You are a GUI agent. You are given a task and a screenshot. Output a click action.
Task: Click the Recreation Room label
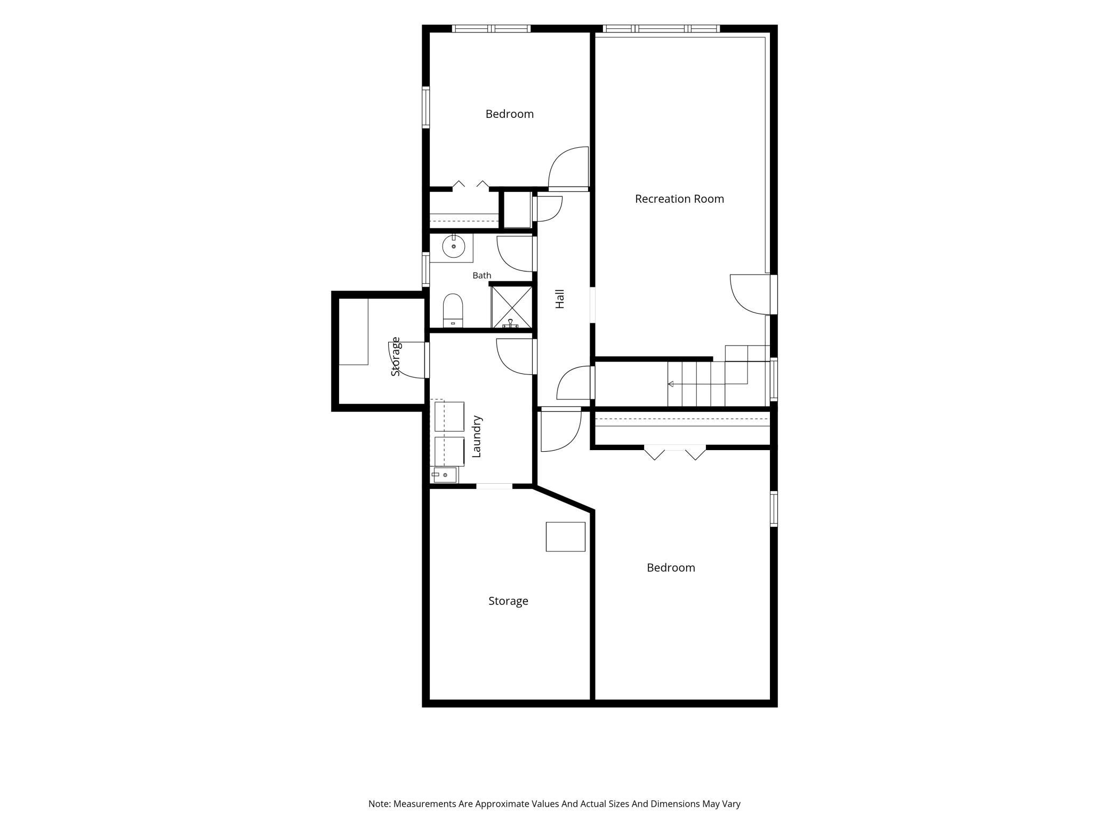point(679,199)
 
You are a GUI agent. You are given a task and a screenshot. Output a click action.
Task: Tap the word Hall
point(559,299)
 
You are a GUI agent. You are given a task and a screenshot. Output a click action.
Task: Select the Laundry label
point(477,436)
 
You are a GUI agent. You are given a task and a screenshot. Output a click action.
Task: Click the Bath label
point(481,275)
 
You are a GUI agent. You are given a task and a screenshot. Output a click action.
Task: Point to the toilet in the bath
point(453,310)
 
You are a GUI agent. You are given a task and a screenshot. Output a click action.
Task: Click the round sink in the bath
point(453,246)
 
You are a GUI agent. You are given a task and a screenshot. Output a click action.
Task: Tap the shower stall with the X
point(511,307)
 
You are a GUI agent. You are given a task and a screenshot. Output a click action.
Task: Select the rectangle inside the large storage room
point(565,537)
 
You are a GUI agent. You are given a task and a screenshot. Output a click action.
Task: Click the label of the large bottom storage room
point(508,601)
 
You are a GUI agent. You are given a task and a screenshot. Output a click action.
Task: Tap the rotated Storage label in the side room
point(395,356)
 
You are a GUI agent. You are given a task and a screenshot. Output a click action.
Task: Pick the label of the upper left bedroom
point(509,114)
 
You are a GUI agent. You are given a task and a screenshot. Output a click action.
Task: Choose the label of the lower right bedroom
point(671,568)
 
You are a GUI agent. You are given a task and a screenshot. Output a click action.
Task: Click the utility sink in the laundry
point(445,475)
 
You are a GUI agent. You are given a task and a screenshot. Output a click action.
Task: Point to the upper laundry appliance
point(449,417)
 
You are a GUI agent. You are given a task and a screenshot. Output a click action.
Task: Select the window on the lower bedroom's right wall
point(774,509)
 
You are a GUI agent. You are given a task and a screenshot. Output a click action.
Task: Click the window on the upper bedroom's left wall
point(426,107)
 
